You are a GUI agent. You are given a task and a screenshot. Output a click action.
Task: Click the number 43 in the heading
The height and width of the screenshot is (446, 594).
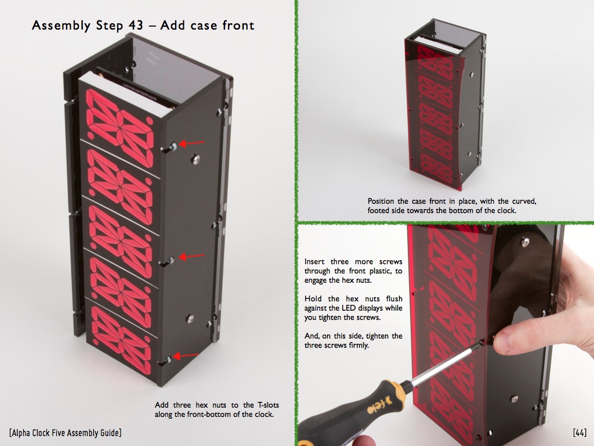coord(136,26)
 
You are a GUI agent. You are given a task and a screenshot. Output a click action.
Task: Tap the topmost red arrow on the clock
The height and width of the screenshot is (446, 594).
coord(191,143)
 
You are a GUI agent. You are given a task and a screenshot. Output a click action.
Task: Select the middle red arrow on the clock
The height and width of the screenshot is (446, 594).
coord(191,257)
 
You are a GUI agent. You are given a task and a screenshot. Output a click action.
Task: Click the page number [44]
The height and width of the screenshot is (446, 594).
coord(579,432)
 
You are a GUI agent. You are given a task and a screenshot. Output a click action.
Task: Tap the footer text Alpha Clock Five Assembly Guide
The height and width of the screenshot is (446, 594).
coord(65,433)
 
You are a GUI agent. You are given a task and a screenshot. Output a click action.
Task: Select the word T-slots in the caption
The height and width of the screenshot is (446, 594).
coord(268,405)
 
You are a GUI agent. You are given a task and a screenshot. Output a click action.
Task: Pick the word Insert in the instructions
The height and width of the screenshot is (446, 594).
coord(314,262)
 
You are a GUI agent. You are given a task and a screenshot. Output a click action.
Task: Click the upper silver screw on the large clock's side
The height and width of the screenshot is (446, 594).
coord(195,159)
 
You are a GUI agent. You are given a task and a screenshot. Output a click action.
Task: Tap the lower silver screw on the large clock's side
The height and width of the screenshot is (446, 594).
coord(190,319)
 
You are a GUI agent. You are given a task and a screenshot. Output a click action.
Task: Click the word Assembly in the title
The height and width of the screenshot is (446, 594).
coord(61,26)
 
